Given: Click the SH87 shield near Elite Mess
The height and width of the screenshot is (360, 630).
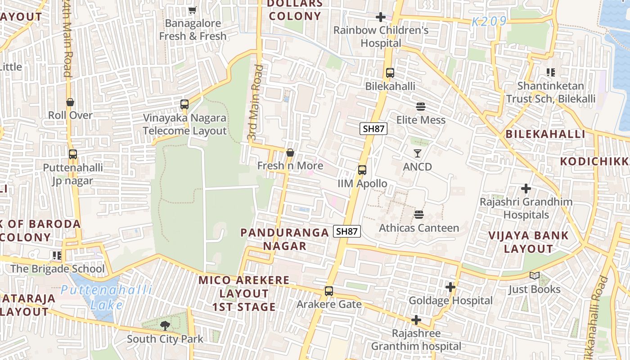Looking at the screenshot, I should [373, 129].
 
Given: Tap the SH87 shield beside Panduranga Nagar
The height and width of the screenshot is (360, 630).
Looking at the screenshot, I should [347, 231].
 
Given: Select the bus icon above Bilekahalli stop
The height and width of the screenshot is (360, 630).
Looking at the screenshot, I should [390, 73].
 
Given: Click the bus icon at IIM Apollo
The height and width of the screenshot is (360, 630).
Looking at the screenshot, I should [362, 170].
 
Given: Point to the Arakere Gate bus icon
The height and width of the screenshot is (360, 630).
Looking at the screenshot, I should [329, 291].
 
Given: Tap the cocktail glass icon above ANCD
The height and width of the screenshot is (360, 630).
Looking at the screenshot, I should [417, 153].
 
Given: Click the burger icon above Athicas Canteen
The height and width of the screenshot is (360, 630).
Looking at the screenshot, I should [419, 215].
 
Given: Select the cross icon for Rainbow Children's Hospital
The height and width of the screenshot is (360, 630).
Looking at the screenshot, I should [380, 17].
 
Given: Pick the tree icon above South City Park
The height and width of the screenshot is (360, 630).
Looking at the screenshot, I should [165, 325].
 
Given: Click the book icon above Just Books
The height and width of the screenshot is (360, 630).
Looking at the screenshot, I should [534, 276].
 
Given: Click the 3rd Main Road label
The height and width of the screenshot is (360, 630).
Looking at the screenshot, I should [255, 102].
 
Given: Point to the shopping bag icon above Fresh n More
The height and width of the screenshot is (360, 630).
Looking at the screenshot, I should [290, 153].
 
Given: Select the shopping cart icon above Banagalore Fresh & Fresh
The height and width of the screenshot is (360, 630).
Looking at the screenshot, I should [192, 10].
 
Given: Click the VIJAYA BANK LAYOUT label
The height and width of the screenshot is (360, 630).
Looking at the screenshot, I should [528, 242].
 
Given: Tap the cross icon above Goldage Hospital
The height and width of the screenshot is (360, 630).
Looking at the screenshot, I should [450, 287].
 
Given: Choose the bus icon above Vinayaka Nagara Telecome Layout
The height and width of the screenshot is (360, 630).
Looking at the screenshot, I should [184, 104].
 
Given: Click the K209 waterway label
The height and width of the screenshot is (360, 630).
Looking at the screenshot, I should [489, 21].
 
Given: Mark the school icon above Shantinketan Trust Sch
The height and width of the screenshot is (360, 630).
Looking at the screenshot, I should [550, 72].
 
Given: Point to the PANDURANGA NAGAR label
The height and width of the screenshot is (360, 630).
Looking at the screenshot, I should [284, 239].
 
